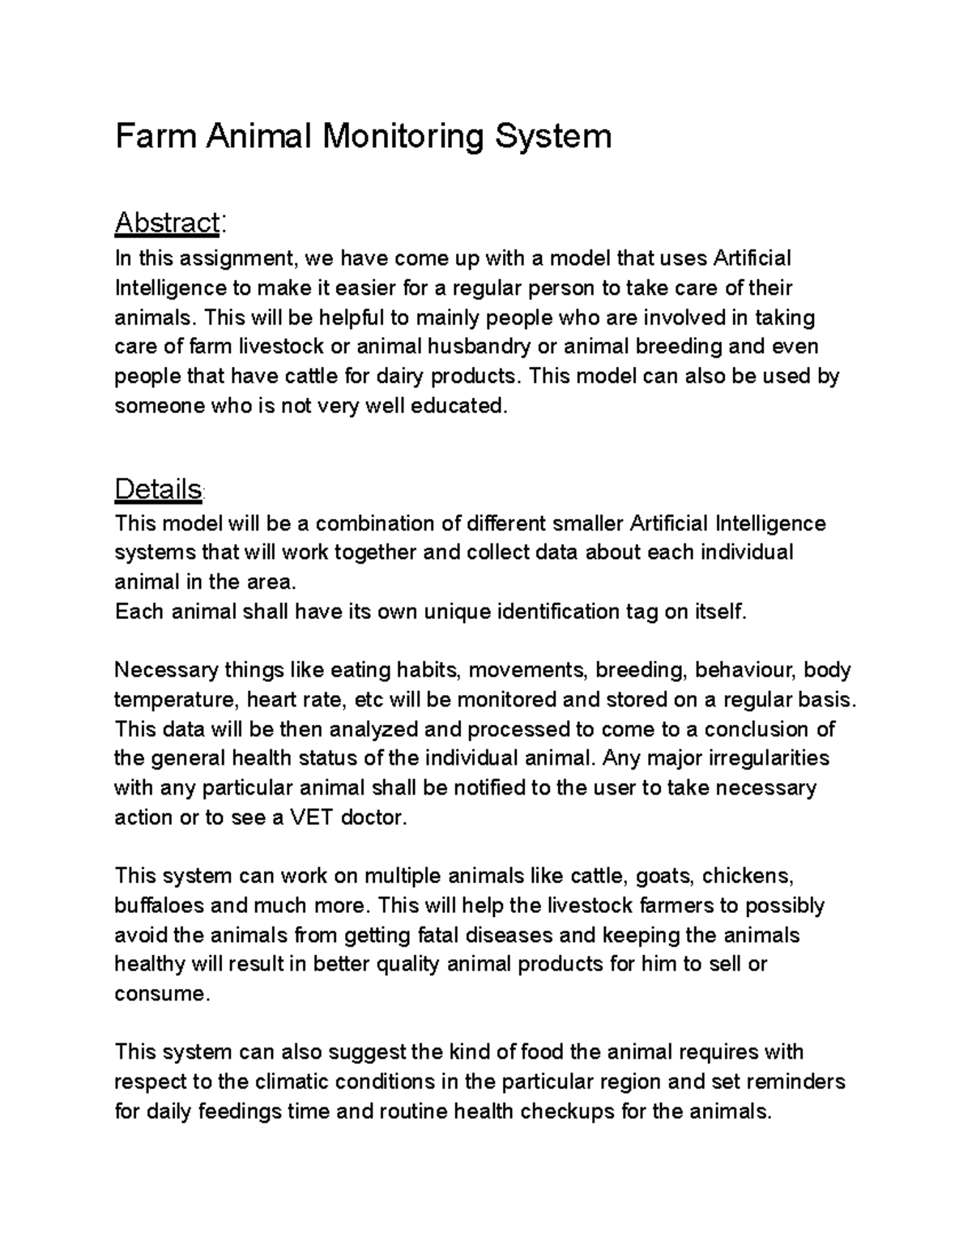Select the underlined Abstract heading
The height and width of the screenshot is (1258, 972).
pyautogui.click(x=167, y=223)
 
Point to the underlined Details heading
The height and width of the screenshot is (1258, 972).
pyautogui.click(x=158, y=489)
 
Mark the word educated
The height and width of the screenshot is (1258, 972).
pyautogui.click(x=459, y=406)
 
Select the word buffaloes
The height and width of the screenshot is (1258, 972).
pyautogui.click(x=159, y=906)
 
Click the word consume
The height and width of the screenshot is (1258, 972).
pyautogui.click(x=161, y=994)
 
